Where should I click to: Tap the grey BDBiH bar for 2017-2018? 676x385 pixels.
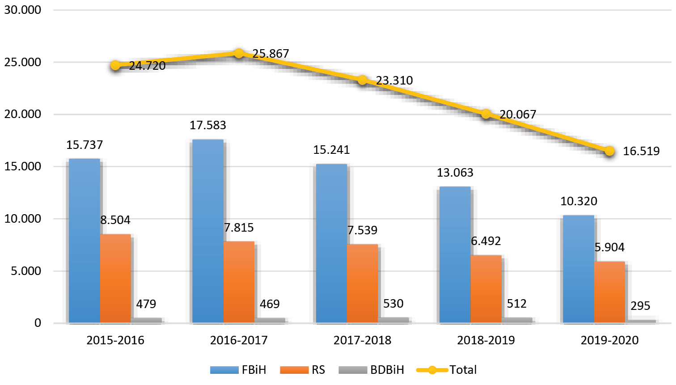tap(393, 320)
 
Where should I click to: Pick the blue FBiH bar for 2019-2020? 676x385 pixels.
tap(578, 269)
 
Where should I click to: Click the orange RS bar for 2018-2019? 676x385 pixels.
tap(486, 289)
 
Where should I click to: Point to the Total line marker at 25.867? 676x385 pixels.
tap(239, 53)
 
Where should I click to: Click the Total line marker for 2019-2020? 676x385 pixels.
tap(609, 151)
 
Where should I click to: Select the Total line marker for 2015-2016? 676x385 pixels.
tap(115, 65)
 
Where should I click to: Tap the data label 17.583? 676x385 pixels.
tap(208, 125)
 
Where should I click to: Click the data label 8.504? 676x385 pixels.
tap(115, 220)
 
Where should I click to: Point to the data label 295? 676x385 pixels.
tap(640, 306)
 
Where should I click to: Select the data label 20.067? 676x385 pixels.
tap(518, 114)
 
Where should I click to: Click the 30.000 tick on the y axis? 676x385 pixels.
tap(23, 10)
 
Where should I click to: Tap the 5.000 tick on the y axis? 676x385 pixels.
tap(26, 271)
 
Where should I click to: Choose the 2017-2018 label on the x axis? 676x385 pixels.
tap(362, 340)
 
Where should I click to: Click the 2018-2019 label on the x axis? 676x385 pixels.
tap(486, 340)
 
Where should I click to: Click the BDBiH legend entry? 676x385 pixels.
tap(372, 370)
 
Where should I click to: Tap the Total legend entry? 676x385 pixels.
tap(447, 370)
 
